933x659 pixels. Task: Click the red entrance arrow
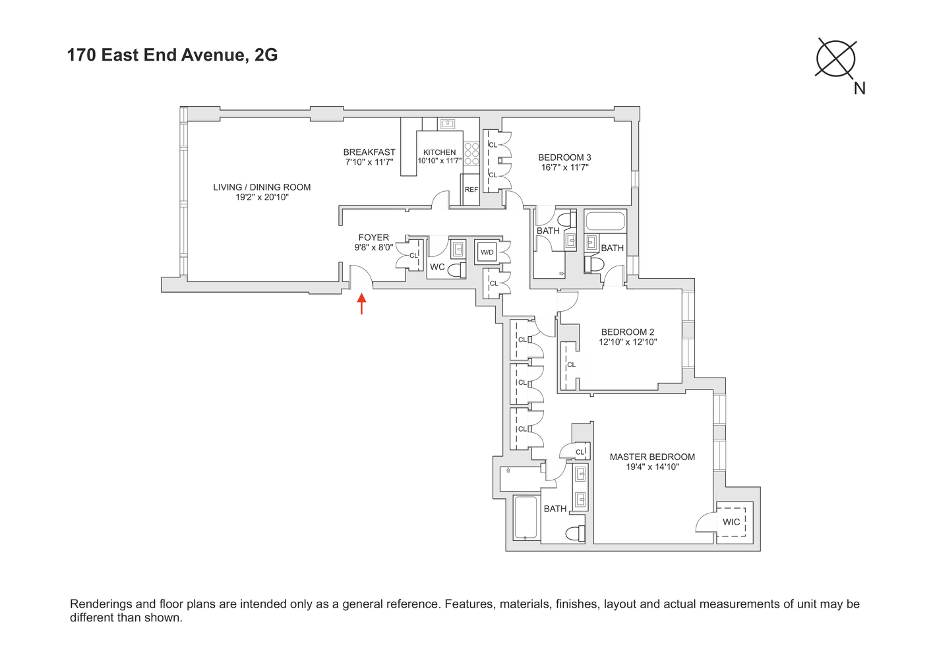coord(361,304)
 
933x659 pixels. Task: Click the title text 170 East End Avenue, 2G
coord(172,55)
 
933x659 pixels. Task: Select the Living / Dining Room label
coord(262,187)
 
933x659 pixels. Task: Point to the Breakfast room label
coord(369,152)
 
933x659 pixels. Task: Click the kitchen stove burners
coord(471,154)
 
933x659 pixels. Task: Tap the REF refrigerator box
coord(471,190)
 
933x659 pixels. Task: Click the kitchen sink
coord(448,123)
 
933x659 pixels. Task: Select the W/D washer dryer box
coord(487,252)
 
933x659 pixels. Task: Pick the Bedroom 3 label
coord(564,158)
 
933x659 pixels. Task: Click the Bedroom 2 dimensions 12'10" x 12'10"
coord(628,342)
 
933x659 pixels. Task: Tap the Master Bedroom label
coord(652,457)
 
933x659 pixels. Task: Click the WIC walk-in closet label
coord(731,522)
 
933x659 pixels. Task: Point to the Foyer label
coord(374,237)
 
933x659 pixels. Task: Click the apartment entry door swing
coord(361,277)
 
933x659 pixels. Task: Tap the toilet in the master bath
coord(575,533)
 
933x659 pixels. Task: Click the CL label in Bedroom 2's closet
coord(571,364)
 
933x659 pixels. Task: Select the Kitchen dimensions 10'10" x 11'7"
coord(439,161)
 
